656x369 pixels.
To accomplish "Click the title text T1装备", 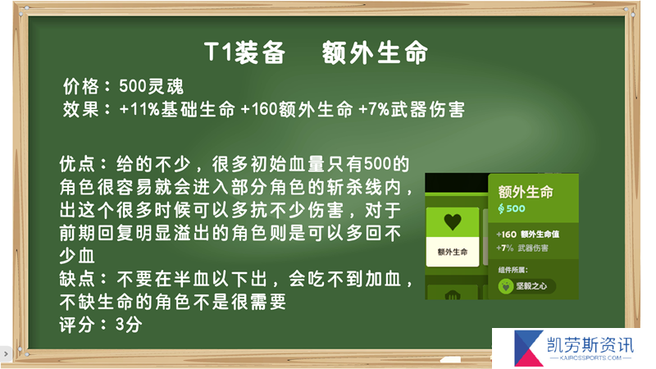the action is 244,52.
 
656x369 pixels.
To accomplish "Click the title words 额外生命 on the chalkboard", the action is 375,52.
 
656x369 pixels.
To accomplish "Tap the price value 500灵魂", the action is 151,87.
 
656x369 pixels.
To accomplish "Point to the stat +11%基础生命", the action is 177,110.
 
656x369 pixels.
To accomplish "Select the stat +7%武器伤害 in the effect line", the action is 412,110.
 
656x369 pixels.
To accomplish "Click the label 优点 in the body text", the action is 77,164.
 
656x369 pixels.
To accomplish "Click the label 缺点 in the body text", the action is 77,279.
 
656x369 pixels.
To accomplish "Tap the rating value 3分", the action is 129,325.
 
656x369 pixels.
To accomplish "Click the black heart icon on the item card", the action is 453,221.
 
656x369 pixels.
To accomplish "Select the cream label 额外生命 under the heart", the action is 453,252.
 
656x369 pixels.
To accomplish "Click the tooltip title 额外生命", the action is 526,192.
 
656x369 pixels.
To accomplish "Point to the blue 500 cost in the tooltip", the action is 516,208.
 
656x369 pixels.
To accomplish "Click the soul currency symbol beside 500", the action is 501,208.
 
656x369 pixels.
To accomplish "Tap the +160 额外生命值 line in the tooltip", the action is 527,235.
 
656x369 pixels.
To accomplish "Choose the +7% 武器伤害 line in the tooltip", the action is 522,248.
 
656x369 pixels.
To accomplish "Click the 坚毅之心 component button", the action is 526,286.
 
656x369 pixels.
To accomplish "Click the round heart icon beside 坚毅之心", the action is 506,286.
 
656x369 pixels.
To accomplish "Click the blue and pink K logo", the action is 528,348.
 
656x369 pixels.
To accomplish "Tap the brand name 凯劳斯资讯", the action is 590,345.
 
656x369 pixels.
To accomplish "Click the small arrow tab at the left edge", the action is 6,354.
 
